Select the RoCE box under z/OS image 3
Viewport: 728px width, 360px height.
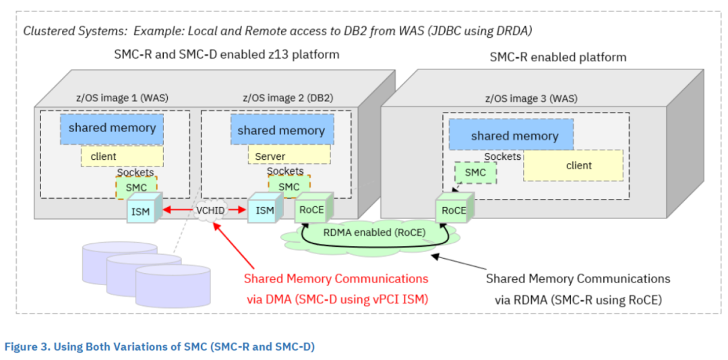[454, 210]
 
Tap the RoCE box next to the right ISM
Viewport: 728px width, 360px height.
[311, 210]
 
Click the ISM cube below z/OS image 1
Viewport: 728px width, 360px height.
[141, 211]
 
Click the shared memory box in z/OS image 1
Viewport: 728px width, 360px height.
[111, 128]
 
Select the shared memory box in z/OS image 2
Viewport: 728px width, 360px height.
[281, 130]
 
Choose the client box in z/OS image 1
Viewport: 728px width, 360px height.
[122, 156]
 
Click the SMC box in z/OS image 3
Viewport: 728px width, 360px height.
[475, 173]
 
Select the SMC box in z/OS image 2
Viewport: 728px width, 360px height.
[289, 186]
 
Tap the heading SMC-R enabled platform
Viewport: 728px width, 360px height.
[557, 57]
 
